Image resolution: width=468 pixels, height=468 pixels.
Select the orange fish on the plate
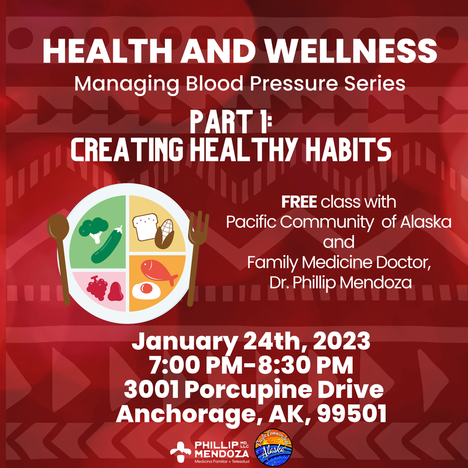coord(159,271)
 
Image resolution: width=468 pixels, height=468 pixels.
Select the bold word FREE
coord(300,203)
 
